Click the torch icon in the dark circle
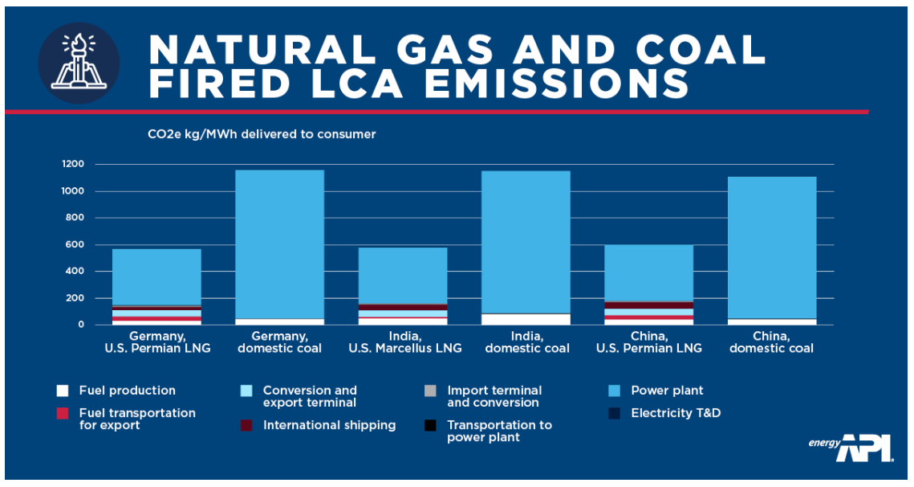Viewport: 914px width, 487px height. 79,63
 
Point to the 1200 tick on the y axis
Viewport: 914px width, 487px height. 72,165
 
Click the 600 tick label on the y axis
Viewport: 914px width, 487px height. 75,245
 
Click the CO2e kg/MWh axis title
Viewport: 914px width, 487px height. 261,134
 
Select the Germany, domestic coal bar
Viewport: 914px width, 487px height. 279,241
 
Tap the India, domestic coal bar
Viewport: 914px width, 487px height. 526,241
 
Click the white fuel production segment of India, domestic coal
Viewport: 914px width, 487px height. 526,319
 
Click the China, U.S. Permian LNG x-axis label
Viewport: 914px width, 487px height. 649,342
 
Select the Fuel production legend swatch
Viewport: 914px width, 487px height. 62,391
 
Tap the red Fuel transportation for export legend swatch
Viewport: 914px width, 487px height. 62,413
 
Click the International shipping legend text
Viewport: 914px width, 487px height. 329,425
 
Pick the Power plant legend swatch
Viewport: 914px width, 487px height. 615,391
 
